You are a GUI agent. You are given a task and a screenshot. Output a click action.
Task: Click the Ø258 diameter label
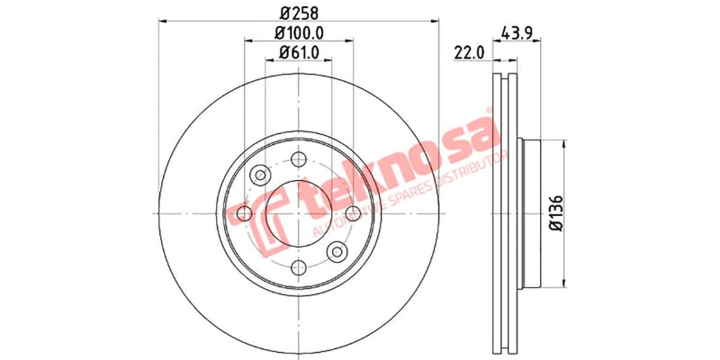(x=298, y=14)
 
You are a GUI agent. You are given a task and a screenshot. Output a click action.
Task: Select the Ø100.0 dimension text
(x=298, y=33)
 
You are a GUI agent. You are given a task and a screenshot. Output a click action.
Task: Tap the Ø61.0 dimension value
(x=298, y=53)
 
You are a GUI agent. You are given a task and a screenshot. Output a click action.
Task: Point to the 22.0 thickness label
(x=470, y=53)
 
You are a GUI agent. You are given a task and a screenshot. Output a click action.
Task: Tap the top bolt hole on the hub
(x=298, y=158)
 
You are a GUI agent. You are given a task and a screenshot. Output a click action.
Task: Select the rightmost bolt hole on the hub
(x=353, y=212)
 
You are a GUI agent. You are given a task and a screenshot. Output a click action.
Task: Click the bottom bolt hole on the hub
(x=298, y=267)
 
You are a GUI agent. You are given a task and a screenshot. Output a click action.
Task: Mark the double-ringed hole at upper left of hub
(x=259, y=174)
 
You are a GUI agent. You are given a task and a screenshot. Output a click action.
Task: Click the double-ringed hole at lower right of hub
(x=337, y=251)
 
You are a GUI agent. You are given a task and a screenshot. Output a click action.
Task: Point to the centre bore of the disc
(x=298, y=212)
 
